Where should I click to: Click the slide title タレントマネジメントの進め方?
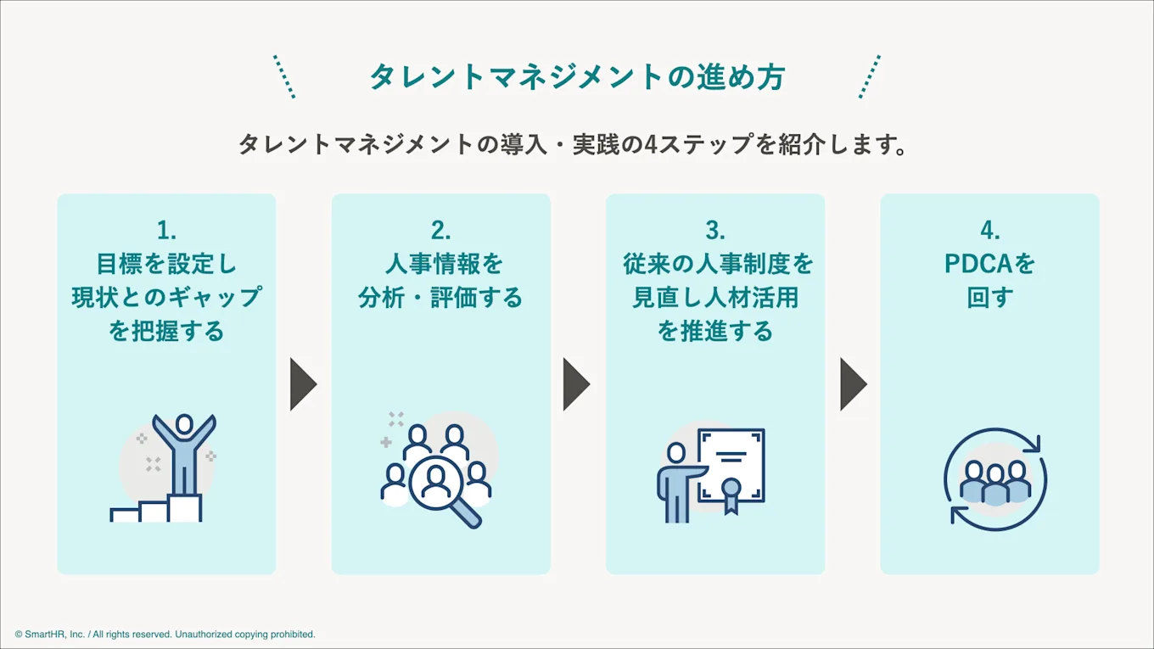tap(576, 77)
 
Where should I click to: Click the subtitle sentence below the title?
tap(574, 144)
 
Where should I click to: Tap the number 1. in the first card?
tap(166, 230)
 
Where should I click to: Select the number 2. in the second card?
tap(440, 230)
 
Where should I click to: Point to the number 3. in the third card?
tap(715, 230)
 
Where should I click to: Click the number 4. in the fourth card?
tap(989, 230)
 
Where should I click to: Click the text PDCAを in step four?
tap(989, 264)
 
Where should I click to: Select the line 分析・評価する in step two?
tap(440, 298)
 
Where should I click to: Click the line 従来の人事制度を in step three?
tap(718, 264)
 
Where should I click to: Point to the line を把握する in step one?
tap(166, 331)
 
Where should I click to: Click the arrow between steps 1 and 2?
tap(302, 384)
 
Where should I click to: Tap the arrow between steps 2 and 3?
tap(575, 384)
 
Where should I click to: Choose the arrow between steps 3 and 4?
tap(853, 384)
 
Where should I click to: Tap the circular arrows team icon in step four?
tap(994, 479)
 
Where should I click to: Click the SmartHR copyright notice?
tap(165, 634)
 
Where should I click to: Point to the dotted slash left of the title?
tap(284, 77)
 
